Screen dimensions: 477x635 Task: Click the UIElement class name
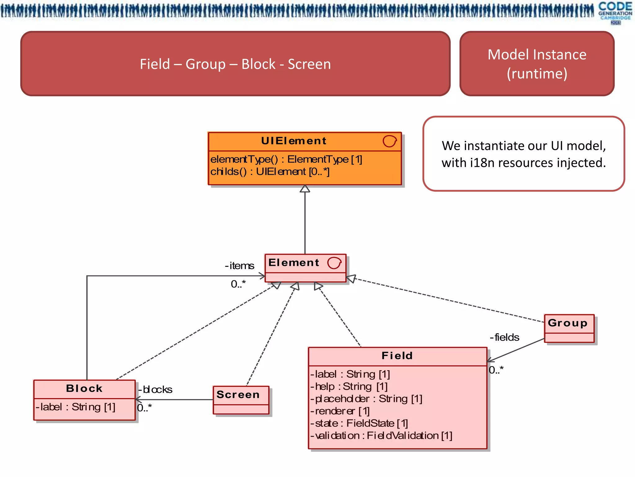point(294,141)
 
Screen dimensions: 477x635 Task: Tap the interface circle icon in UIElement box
point(389,141)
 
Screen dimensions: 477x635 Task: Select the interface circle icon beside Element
point(334,263)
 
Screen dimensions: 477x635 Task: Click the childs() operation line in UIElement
point(270,171)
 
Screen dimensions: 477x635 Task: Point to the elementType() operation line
point(286,159)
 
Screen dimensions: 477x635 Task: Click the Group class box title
point(567,323)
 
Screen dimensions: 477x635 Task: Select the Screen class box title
point(238,395)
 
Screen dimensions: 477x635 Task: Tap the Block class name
point(84,388)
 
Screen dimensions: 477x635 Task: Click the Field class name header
point(397,356)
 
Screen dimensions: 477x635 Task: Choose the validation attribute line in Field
point(381,436)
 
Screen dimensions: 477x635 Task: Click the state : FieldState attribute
point(360,423)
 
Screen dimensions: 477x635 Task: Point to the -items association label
point(239,266)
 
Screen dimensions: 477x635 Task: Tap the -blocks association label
point(155,390)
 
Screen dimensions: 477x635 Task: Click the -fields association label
point(504,338)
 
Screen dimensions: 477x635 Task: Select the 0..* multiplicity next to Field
point(496,370)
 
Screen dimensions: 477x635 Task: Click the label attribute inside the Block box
point(75,407)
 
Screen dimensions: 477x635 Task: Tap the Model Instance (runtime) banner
point(537,64)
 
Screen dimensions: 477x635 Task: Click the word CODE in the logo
point(615,6)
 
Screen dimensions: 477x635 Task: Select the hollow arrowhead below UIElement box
point(305,189)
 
